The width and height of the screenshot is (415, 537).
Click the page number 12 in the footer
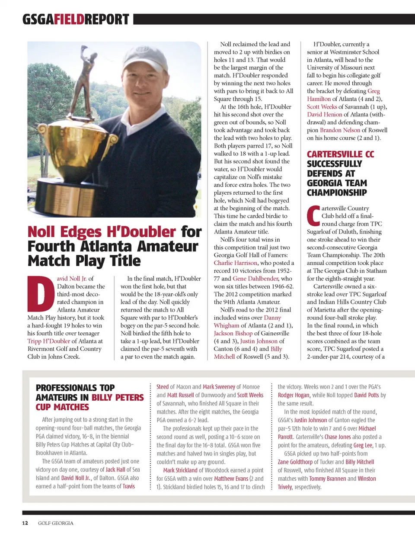tap(25, 523)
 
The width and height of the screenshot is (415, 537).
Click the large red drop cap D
tap(41, 294)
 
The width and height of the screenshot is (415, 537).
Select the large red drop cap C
tap(313, 216)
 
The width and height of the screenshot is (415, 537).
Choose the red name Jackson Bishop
tap(233, 333)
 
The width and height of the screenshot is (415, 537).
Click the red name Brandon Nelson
tap(340, 130)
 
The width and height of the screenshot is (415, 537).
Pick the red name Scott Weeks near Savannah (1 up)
tap(322, 107)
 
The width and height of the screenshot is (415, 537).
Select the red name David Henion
tap(324, 115)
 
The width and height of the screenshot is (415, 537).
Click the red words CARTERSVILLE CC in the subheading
tap(340, 154)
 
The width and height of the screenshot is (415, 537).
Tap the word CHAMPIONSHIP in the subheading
tap(337, 193)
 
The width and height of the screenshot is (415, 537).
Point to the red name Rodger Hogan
tap(294, 395)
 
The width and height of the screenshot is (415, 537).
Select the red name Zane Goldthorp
tap(295, 462)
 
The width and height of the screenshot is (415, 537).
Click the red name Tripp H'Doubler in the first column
tap(48, 341)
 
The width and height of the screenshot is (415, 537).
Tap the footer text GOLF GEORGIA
tap(55, 523)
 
